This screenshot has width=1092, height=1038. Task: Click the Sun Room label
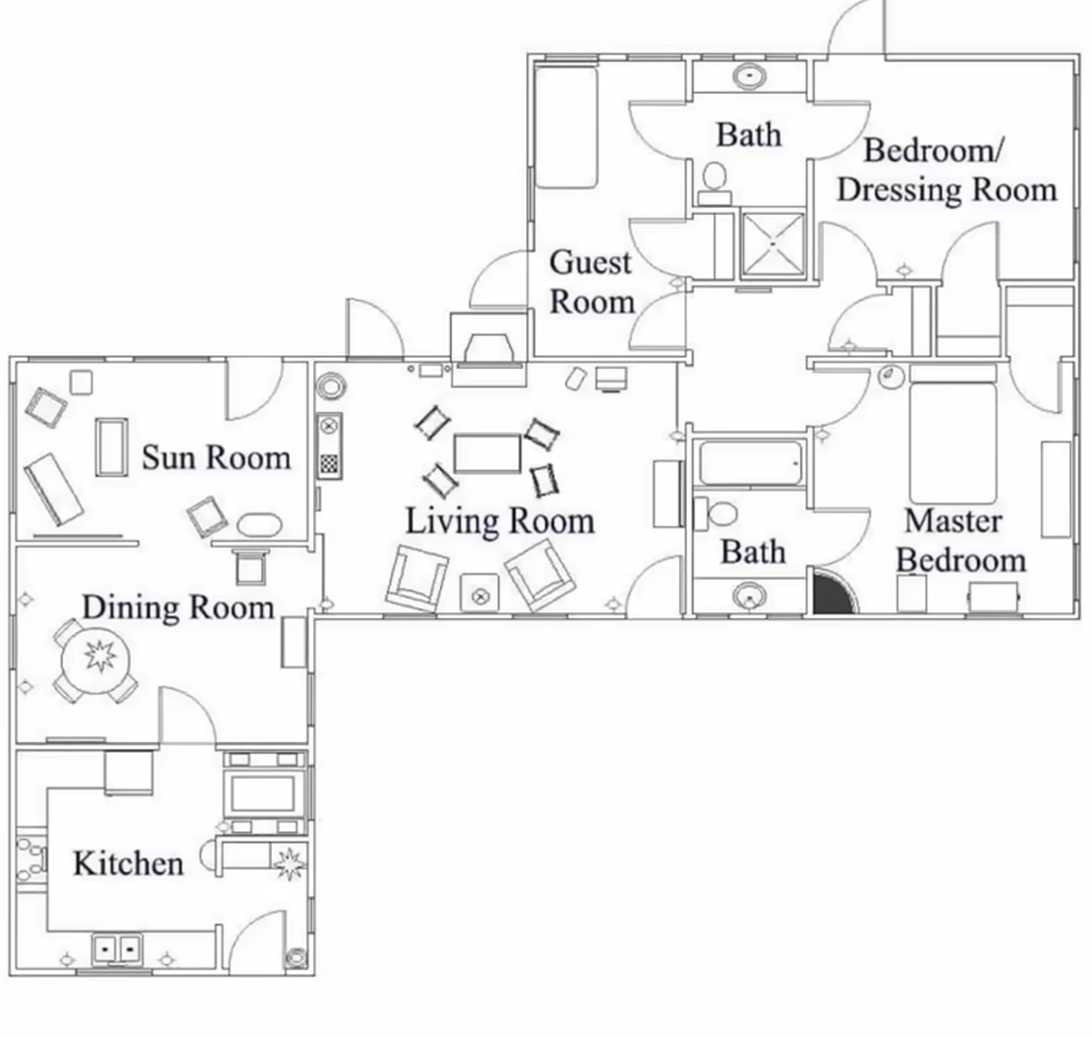(x=216, y=458)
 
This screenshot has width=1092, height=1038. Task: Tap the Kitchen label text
(x=128, y=864)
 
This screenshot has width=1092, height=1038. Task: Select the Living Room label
(x=500, y=522)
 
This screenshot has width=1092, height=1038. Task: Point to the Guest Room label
(x=591, y=282)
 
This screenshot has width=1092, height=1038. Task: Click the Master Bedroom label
(x=961, y=541)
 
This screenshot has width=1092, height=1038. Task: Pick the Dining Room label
(x=178, y=607)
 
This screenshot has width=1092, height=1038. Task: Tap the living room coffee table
(x=487, y=454)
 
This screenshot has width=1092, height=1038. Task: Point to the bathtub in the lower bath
(x=751, y=463)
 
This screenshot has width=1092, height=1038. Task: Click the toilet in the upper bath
(x=714, y=183)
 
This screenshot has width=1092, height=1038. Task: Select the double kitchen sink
(x=116, y=950)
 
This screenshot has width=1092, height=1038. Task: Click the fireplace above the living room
(x=489, y=351)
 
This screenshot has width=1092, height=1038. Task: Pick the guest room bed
(x=566, y=127)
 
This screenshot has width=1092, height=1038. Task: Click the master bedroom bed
(x=953, y=443)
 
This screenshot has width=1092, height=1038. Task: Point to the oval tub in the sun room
(x=259, y=524)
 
